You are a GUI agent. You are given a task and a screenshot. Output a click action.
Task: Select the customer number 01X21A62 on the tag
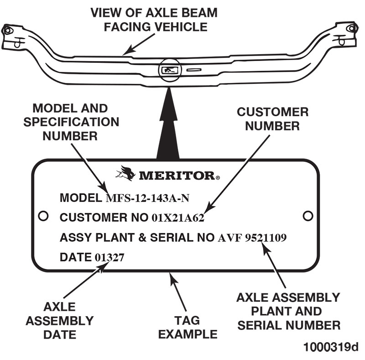[177, 218]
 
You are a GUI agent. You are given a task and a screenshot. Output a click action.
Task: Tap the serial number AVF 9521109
[252, 237]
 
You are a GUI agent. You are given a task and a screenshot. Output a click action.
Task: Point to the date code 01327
[109, 257]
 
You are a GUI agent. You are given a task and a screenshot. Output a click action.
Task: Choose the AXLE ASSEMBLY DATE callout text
[59, 321]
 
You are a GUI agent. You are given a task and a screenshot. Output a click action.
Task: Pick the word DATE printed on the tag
[76, 257]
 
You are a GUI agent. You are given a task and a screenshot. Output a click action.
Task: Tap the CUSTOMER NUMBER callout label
[272, 118]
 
